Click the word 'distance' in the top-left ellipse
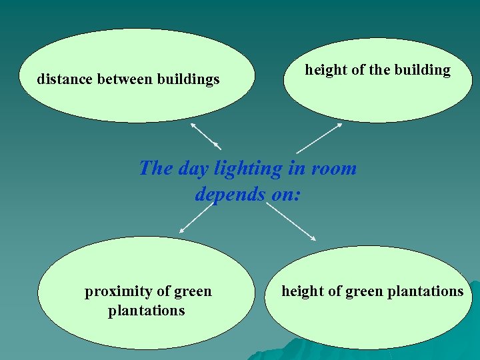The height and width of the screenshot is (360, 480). click(65, 80)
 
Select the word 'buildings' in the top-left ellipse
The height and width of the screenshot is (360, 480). click(188, 80)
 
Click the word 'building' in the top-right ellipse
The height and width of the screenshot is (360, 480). click(423, 70)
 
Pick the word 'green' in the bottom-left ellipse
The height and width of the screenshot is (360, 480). click(193, 291)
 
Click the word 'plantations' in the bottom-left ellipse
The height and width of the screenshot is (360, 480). click(147, 311)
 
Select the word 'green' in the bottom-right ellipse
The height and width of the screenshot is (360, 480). click(363, 291)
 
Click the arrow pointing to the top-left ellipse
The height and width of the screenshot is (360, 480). click(205, 136)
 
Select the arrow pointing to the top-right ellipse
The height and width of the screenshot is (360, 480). click(319, 138)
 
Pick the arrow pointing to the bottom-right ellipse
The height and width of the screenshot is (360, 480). click(291, 221)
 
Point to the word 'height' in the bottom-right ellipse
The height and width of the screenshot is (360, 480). click(305, 291)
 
